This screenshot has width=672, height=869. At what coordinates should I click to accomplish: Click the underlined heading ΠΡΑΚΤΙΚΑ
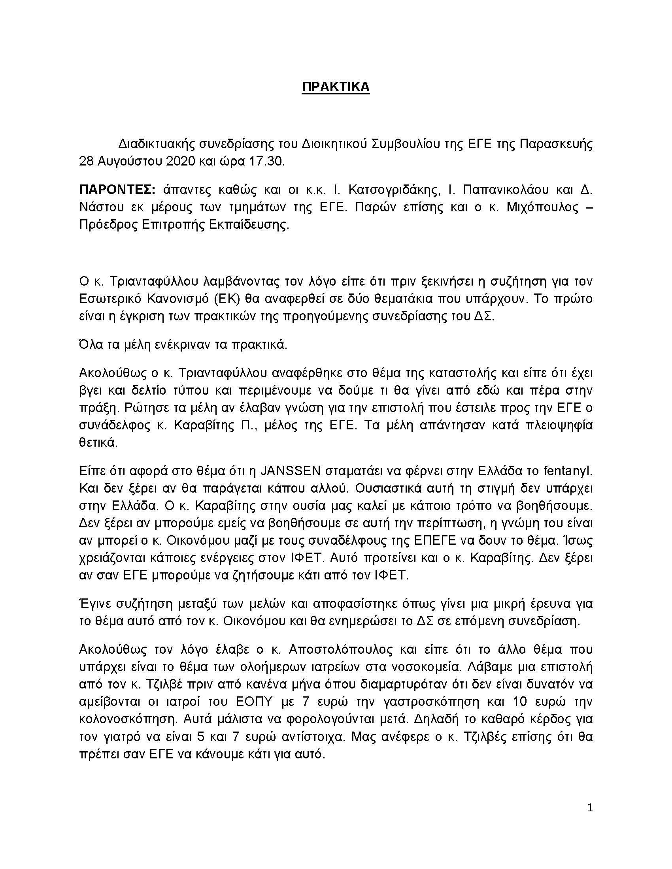coord(336,87)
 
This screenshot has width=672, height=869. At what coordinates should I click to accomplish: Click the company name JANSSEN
coord(290,471)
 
